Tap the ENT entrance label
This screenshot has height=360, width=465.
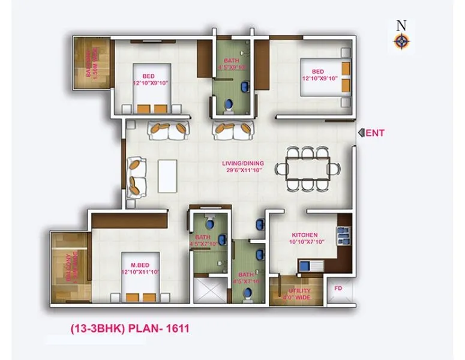pos(376,133)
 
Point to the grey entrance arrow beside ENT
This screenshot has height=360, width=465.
pos(361,133)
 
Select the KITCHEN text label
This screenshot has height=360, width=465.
pos(304,235)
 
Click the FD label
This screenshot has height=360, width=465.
pos(337,287)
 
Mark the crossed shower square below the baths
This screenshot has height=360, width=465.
pos(210,292)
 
